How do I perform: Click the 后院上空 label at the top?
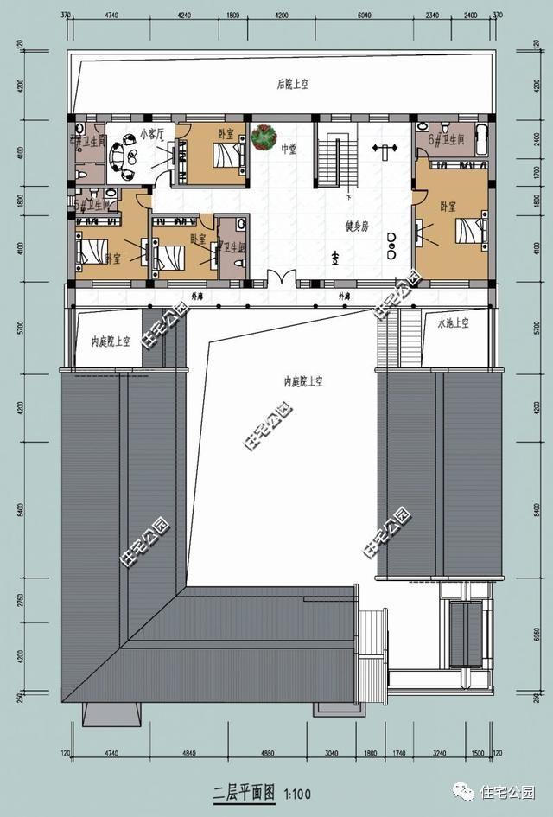pyautogui.click(x=293, y=84)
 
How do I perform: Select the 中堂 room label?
pyautogui.click(x=289, y=149)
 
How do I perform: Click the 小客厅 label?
pyautogui.click(x=152, y=134)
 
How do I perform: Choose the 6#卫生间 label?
pyautogui.click(x=447, y=139)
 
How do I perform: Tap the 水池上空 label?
pyautogui.click(x=452, y=323)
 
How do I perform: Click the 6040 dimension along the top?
pyautogui.click(x=364, y=15)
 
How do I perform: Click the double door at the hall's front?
pyautogui.click(x=281, y=279)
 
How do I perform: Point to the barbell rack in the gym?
pyautogui.click(x=381, y=148)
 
